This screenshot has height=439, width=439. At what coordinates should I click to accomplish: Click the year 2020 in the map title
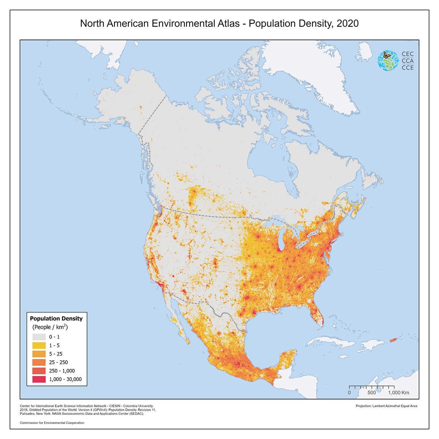347,24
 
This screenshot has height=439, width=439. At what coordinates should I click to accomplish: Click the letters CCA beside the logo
408,61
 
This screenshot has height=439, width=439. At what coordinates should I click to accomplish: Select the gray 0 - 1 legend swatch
39,337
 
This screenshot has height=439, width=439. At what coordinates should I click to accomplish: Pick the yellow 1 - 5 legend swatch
39,345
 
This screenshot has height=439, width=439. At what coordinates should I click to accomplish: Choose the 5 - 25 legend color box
39,354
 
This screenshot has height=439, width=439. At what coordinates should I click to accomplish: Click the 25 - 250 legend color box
39,362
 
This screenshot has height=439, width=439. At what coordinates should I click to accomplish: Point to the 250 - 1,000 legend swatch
39,371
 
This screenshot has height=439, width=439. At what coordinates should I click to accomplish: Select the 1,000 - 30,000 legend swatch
39,379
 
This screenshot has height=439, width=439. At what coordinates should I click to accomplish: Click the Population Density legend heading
56,319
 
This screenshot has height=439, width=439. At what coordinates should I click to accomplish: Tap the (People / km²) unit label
50,327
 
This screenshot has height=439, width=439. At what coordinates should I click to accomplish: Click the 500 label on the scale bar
372,393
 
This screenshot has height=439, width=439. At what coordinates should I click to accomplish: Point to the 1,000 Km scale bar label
398,393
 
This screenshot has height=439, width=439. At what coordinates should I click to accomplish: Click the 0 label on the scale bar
349,393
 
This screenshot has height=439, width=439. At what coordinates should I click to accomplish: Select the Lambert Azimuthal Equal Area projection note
386,406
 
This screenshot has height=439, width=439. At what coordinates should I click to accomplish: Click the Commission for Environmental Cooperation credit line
52,423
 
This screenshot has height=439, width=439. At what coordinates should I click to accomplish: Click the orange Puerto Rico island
393,340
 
